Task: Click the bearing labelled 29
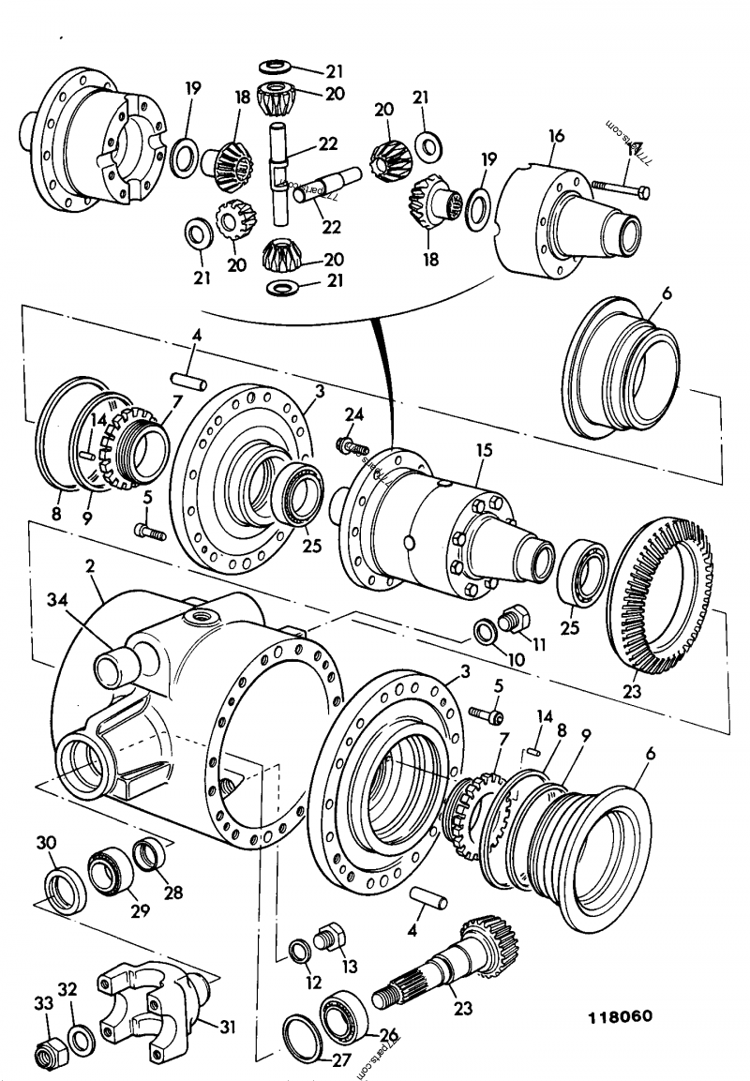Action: pos(109,870)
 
